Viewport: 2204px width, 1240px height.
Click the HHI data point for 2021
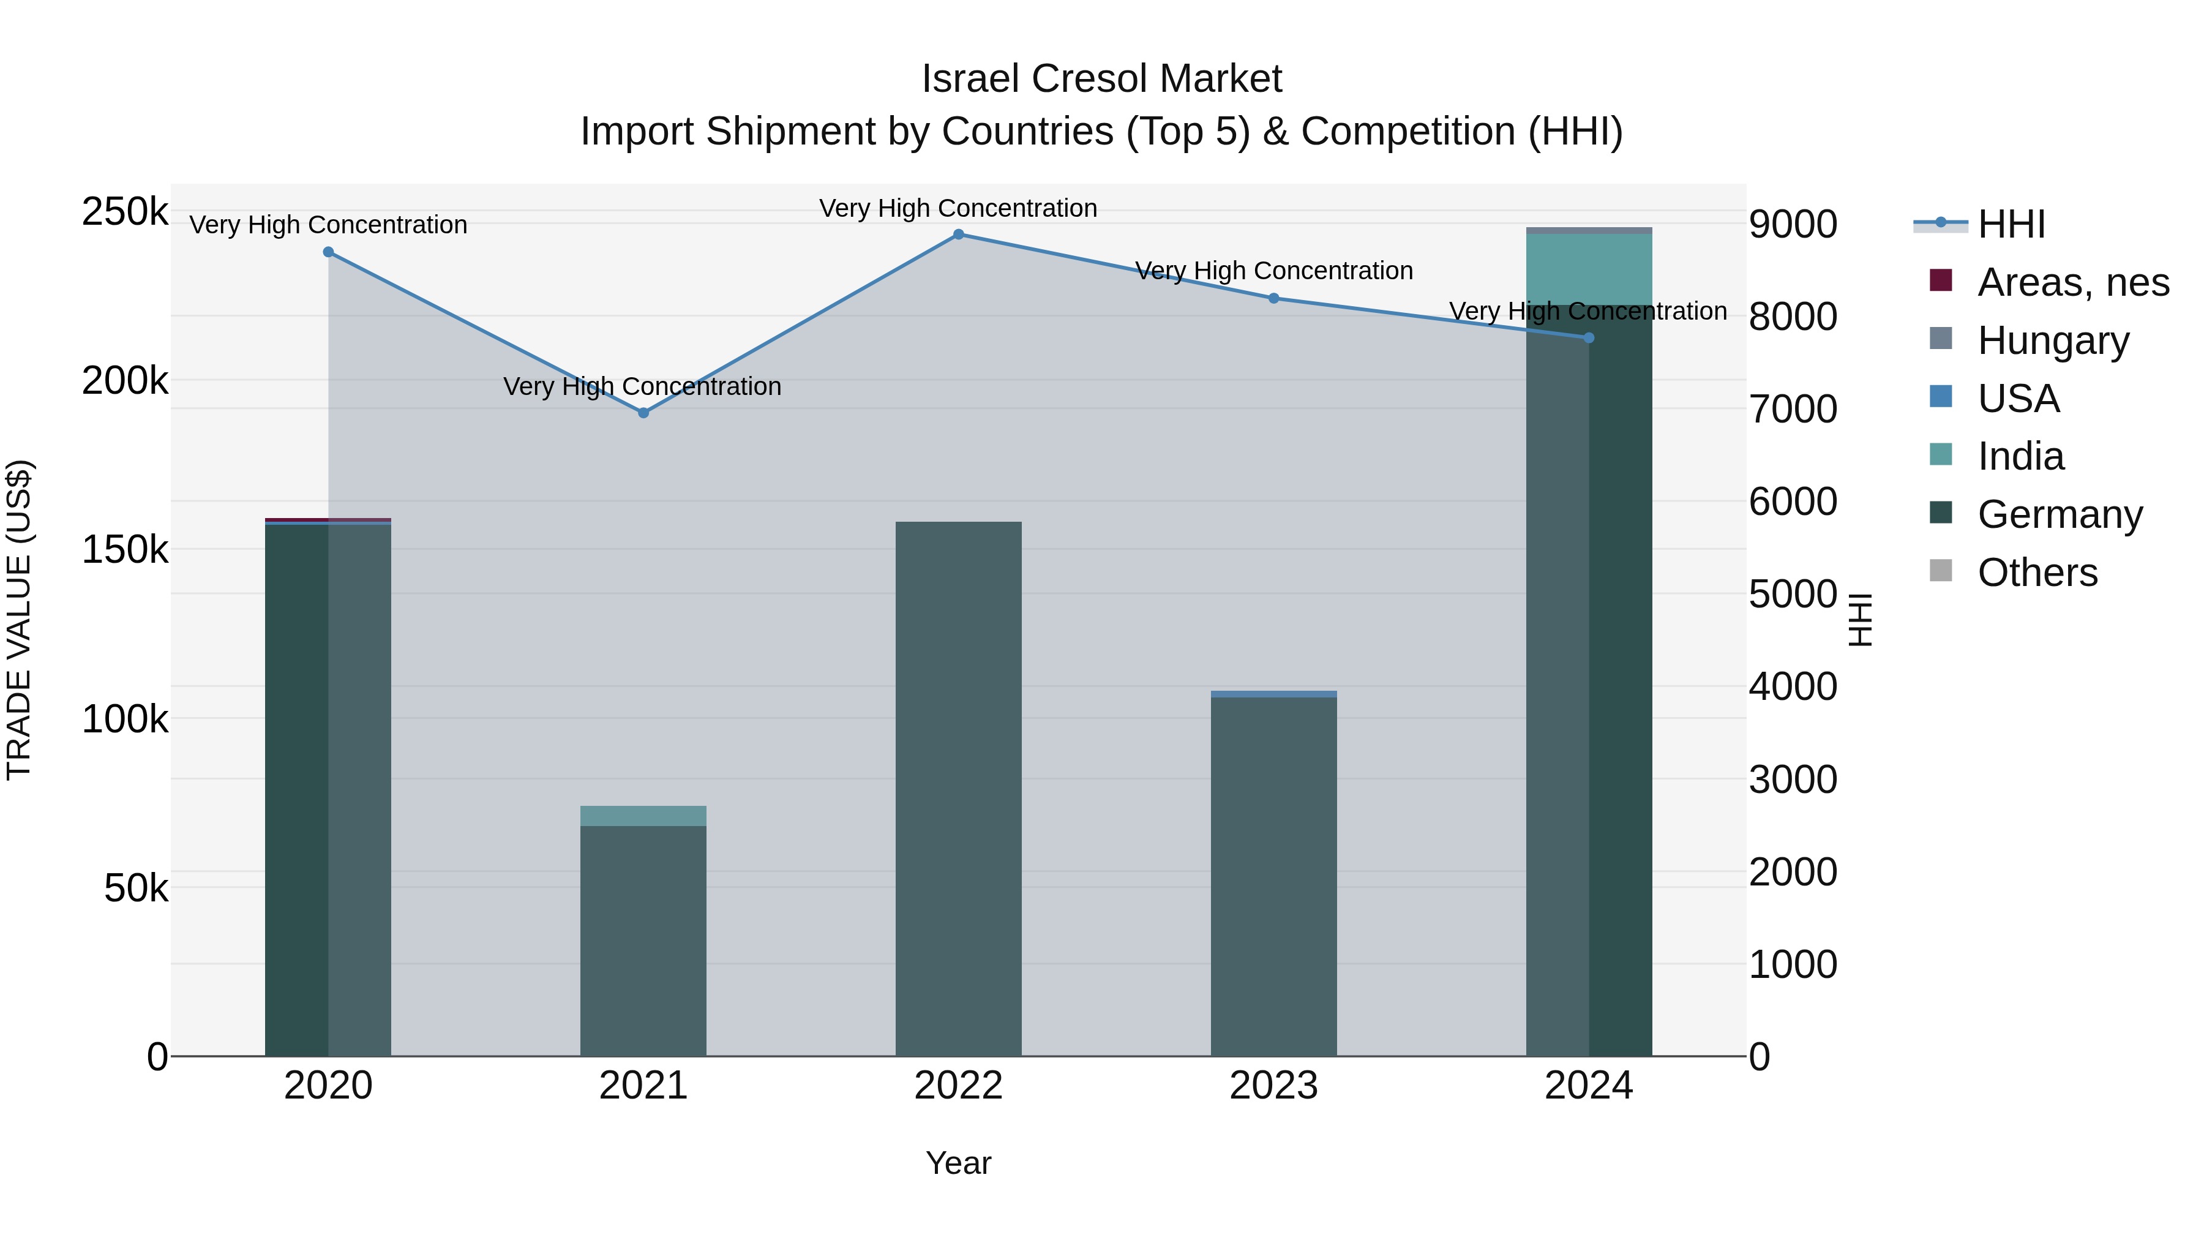coord(643,413)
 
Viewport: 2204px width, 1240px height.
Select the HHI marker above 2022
coord(958,235)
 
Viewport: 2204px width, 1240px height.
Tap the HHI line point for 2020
coord(329,252)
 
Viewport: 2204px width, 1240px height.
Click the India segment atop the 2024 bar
coord(1589,269)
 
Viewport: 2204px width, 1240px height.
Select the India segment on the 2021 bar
coord(643,816)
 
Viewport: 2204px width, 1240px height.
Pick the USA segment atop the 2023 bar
coord(1273,694)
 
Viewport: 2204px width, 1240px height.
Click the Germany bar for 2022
coord(958,787)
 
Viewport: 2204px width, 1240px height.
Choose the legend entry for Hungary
coord(2053,340)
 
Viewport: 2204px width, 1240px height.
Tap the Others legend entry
coord(2036,573)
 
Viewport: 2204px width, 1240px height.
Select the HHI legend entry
coord(2011,224)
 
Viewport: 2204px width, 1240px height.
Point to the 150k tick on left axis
coord(125,549)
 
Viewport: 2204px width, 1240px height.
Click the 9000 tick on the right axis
coord(1793,224)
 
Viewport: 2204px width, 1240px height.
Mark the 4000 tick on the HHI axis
coord(1793,686)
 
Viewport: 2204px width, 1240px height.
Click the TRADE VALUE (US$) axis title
coord(19,620)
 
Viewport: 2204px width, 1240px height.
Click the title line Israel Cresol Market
coord(1101,79)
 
